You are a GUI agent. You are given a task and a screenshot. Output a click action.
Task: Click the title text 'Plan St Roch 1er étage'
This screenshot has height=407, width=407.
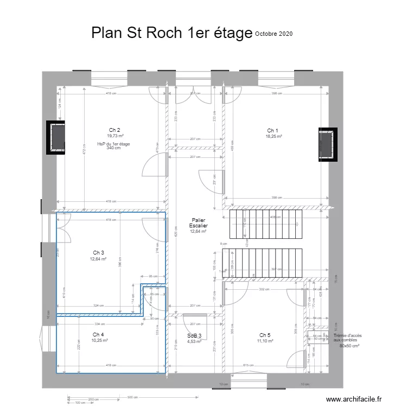[x=171, y=33]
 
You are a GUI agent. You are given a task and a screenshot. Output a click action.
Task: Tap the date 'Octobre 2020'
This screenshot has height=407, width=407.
[x=274, y=34]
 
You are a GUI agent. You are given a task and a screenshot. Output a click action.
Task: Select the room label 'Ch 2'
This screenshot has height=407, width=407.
[x=114, y=130]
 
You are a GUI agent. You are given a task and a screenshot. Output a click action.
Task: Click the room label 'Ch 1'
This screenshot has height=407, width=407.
[x=272, y=131]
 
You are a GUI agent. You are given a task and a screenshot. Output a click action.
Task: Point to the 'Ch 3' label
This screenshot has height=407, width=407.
[x=98, y=253]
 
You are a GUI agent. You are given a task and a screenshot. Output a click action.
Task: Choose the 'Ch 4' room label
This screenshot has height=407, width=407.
[x=98, y=334]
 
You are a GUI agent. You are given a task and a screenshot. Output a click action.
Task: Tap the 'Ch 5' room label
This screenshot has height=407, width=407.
[x=265, y=335]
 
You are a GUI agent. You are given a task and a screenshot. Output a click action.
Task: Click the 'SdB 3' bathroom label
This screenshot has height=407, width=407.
[x=194, y=336]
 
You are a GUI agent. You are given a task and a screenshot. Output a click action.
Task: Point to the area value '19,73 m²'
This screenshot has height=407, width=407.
[x=115, y=136]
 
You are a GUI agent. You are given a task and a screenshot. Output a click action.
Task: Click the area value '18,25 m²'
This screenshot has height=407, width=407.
[x=272, y=137]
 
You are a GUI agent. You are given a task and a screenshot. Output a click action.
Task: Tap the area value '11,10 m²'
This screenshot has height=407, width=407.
[x=265, y=341]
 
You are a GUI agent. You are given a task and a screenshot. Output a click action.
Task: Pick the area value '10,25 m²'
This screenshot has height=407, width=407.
[x=99, y=340]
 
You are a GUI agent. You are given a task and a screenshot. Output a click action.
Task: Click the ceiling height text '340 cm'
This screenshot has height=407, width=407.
[x=113, y=148]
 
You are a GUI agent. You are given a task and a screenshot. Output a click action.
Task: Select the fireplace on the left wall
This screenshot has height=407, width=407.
[x=56, y=138]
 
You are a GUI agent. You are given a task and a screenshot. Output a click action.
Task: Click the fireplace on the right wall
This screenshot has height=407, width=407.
[x=328, y=144]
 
